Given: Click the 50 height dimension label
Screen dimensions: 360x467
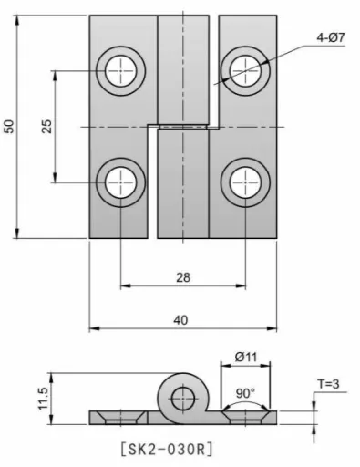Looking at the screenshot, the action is point(9,127).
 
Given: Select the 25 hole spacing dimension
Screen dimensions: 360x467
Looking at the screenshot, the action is point(46,127).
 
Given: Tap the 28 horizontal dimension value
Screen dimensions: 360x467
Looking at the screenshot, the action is point(183,277).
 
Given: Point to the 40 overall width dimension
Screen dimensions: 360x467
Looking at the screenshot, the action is point(181,320).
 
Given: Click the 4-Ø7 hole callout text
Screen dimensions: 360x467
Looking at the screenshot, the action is point(331,37).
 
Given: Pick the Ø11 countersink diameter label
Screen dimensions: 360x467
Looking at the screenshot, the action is point(246,357).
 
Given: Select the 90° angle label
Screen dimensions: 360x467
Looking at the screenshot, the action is point(245,393).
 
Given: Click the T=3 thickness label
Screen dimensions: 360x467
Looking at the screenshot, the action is point(328,384).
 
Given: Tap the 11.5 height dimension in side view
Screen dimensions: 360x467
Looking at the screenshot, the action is point(44,399).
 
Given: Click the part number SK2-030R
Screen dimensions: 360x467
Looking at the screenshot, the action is point(167,449).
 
